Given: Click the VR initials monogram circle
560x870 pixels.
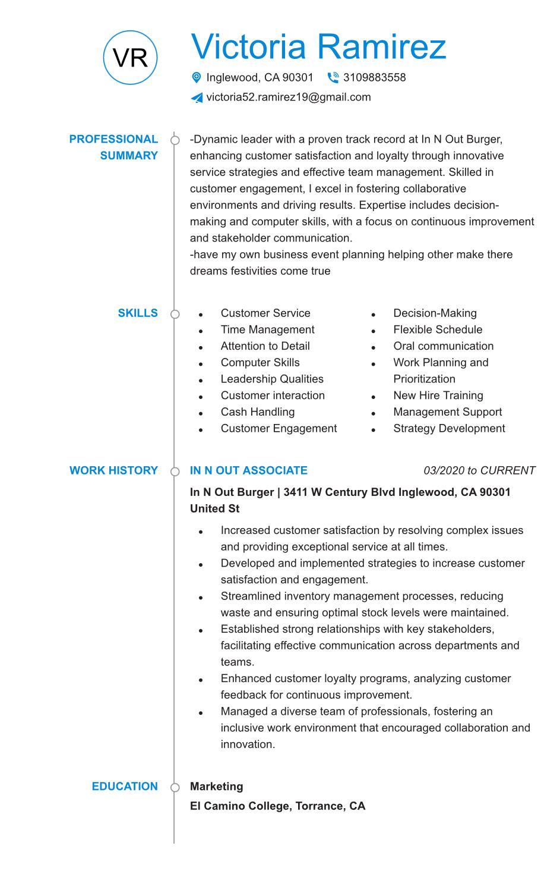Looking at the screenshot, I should pos(130,58).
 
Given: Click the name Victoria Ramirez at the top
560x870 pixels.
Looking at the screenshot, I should pos(318,46).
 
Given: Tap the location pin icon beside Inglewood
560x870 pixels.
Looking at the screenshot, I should pos(197,77).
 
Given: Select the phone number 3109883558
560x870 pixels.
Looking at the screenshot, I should pos(374,77).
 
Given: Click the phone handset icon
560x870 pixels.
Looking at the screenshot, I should pos(333,77).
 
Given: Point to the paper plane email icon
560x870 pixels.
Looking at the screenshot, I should pos(197,98).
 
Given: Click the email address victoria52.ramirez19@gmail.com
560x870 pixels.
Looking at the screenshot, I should pos(289,97).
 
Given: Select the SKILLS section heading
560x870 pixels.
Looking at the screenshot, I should pos(138,313).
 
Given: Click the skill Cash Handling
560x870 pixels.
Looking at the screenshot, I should pos(257,412).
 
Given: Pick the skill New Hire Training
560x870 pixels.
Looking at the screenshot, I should pos(438,395).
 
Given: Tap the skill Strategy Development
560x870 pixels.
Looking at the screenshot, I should pos(449,429).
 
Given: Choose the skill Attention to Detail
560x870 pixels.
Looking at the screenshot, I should pos(265,346).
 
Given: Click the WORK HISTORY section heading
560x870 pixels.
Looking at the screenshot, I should pos(113,470).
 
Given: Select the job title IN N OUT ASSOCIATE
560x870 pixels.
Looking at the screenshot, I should pos(248,470).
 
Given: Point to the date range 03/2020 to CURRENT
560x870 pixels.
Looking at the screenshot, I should pos(479,470).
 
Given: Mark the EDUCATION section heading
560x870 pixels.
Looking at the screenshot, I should pos(125,786).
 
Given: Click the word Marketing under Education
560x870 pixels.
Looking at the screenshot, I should pos(216,786).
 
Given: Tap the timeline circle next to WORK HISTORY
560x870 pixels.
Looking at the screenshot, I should pos(175,472).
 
